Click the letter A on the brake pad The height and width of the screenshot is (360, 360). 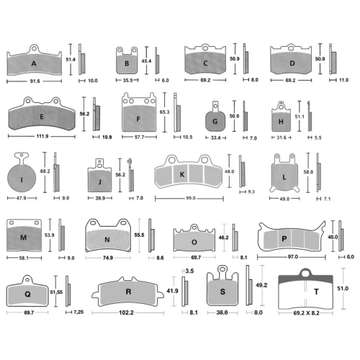tap(34, 63)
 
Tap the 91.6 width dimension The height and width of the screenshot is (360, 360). tap(35, 81)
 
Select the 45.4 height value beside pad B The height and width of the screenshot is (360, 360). tap(146, 61)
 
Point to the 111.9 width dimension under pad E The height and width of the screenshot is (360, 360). tap(42, 136)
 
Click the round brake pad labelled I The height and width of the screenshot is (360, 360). tap(22, 178)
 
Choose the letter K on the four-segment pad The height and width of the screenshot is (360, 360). tap(182, 174)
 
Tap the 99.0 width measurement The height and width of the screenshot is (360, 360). tap(191, 198)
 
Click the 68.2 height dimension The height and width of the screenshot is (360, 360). tap(45, 171)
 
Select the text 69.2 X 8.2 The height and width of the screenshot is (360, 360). tap(306, 313)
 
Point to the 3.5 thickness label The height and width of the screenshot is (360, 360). tap(189, 271)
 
